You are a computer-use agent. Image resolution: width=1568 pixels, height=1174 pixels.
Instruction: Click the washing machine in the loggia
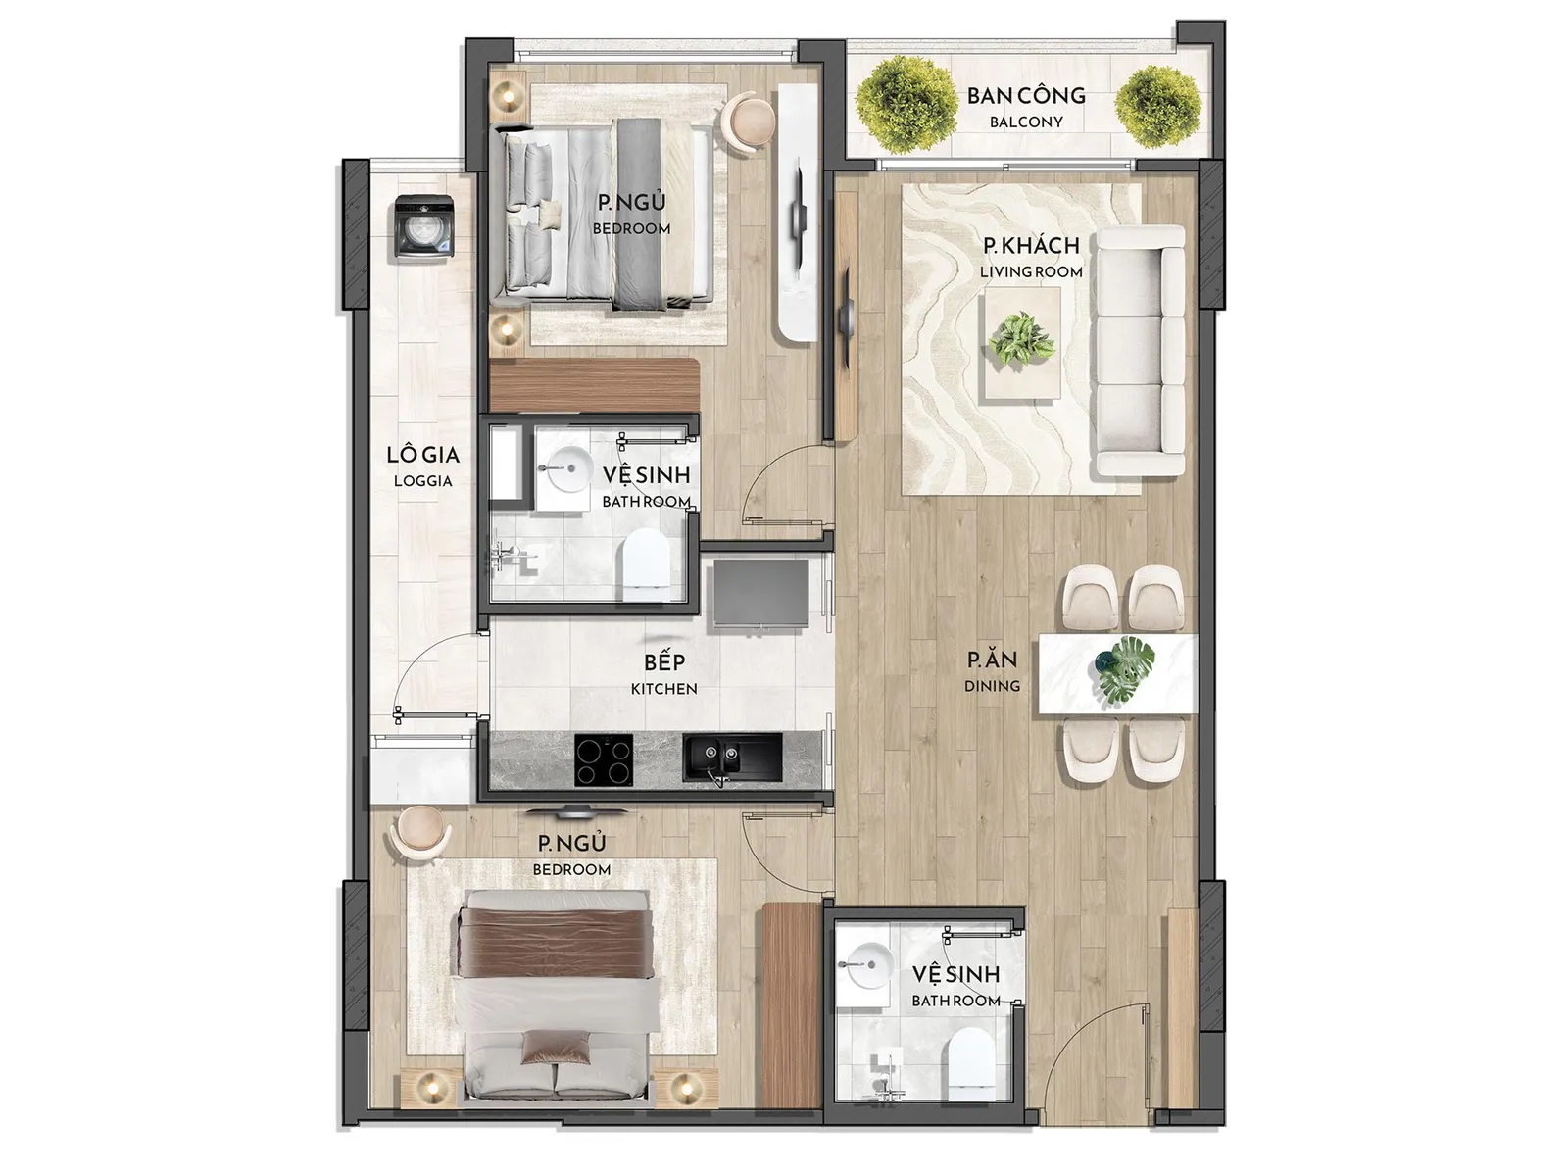[x=423, y=226]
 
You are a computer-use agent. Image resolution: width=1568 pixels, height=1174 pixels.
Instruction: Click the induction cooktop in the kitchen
[x=605, y=760]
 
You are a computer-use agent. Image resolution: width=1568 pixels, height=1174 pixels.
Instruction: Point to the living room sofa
[x=1140, y=351]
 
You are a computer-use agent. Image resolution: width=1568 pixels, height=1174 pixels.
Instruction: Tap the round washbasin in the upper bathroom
[x=563, y=469]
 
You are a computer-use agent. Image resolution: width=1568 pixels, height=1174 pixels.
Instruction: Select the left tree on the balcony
[x=906, y=105]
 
